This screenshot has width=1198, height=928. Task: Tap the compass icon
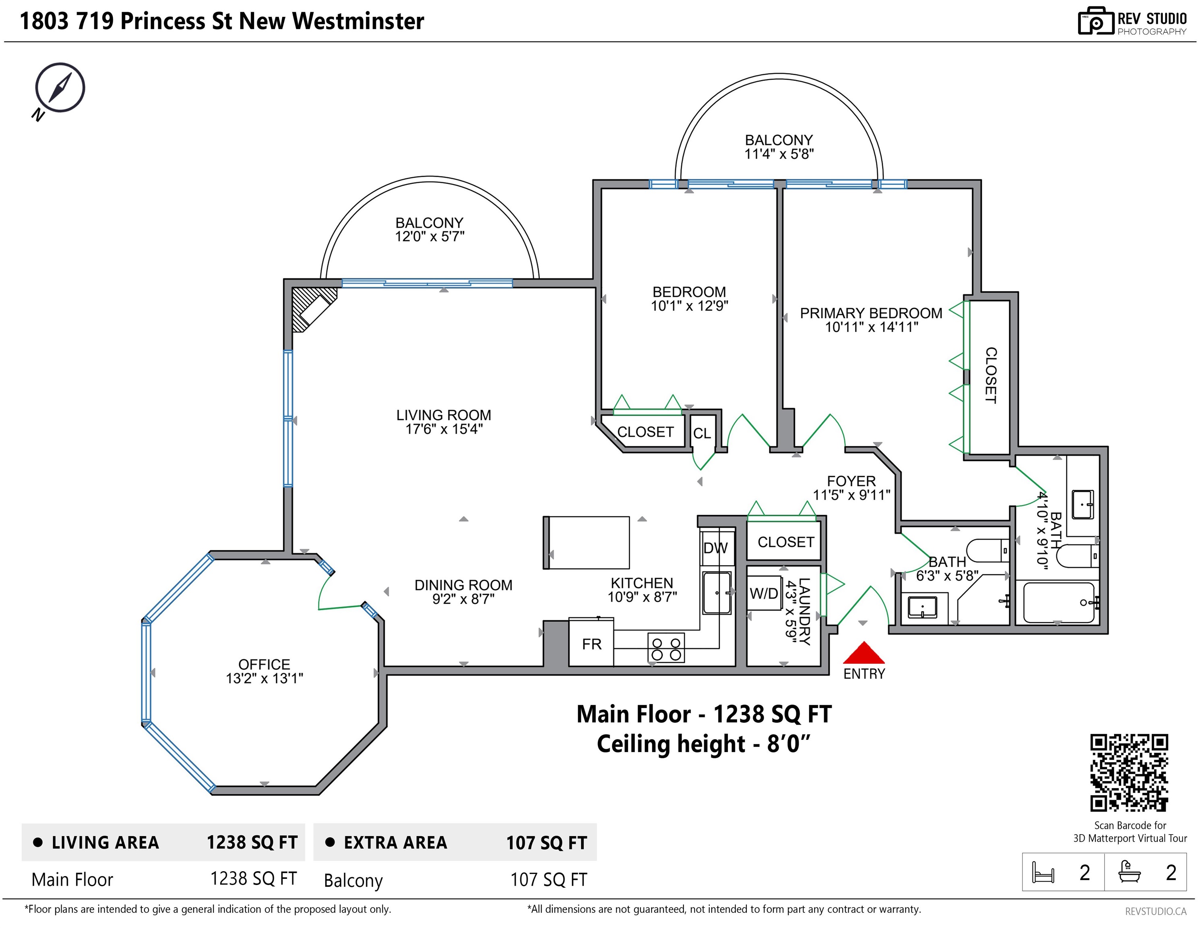coord(59,89)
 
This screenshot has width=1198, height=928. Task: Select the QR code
coord(1129,773)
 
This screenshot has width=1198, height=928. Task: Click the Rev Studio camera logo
coord(1095,21)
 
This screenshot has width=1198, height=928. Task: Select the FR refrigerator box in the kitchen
coord(591,642)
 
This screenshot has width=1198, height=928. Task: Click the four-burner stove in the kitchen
coord(666,648)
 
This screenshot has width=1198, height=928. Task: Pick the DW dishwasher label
coord(715,548)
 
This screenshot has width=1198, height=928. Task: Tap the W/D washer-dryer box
coord(764,593)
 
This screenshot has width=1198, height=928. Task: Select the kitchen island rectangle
coord(587,542)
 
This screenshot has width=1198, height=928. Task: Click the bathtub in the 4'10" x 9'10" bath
coord(1058,603)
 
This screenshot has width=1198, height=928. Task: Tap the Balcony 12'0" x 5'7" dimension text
coord(430,236)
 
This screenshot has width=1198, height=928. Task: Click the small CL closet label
coord(702,433)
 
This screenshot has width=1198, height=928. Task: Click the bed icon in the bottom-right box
coord(1043,872)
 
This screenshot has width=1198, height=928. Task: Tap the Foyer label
coord(851,481)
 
